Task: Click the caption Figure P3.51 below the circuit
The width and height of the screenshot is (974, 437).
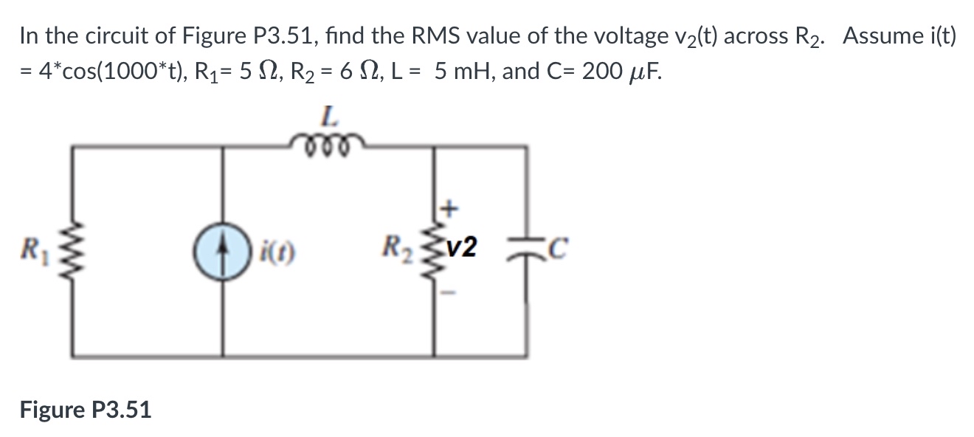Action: coord(86,409)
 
